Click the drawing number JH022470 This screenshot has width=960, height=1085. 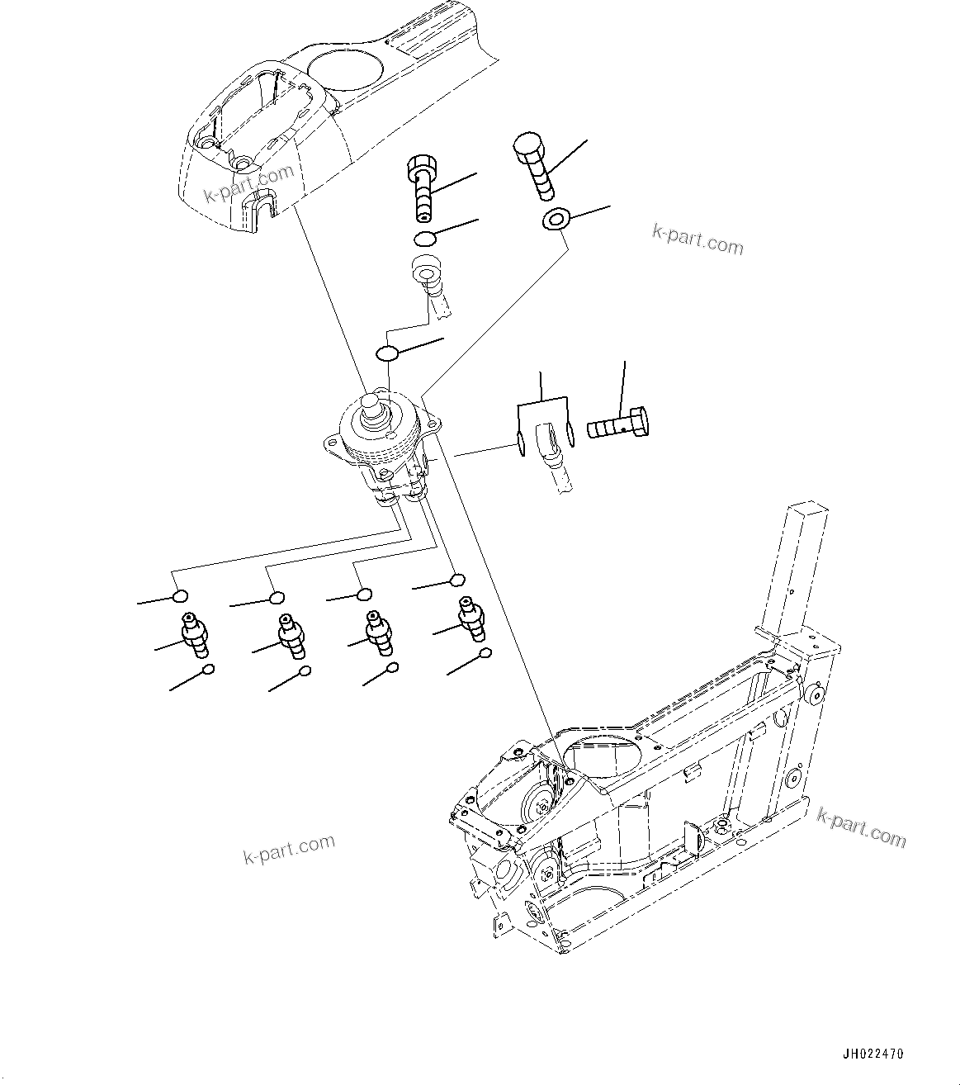coord(873,1054)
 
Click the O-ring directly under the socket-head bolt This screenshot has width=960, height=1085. coord(423,239)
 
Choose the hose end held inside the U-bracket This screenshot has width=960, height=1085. coord(547,448)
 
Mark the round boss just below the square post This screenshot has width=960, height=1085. coord(815,694)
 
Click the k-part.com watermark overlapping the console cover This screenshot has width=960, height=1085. coord(248,185)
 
